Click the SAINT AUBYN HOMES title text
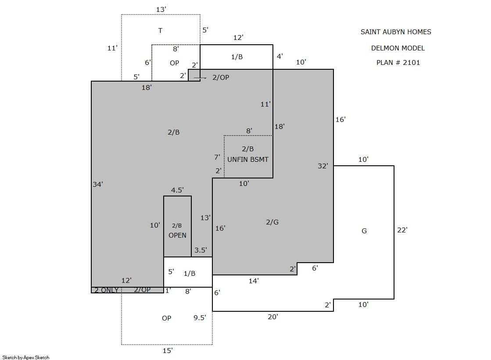396,32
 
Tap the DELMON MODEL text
398,48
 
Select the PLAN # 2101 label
398,63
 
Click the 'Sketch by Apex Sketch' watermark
26,357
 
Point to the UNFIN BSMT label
247,160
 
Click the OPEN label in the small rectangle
177,235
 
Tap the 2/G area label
272,222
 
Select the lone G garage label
364,231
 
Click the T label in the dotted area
160,31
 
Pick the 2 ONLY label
107,290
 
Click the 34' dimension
98,184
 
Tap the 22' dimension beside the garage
402,230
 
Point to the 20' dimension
273,317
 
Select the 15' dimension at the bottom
168,351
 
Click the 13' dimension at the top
161,10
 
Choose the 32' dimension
323,166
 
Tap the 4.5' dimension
177,190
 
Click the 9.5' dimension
200,318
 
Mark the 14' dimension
254,281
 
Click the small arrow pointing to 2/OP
200,78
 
